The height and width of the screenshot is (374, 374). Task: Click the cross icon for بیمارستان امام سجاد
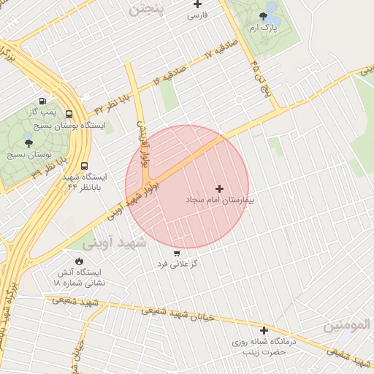coord(219,188)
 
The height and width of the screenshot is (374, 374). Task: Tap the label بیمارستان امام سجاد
coord(219,199)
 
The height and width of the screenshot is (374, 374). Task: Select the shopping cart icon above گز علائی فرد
coord(177,253)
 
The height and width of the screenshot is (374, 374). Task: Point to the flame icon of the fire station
coord(79,261)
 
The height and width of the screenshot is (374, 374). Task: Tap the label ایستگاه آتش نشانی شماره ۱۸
coord(80,277)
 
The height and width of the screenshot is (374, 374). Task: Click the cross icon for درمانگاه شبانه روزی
coord(264,330)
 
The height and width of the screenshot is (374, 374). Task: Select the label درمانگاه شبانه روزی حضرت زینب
coord(268,346)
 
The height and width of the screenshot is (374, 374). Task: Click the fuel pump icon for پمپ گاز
coord(42,102)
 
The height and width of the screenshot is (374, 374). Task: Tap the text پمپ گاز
coord(42,112)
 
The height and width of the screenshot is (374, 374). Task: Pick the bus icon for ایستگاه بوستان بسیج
coord(69,114)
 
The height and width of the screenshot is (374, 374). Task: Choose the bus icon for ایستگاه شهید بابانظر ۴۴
coord(84,166)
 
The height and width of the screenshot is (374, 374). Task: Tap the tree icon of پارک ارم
coord(264,15)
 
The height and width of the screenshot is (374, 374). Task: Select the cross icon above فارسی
coord(197,4)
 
